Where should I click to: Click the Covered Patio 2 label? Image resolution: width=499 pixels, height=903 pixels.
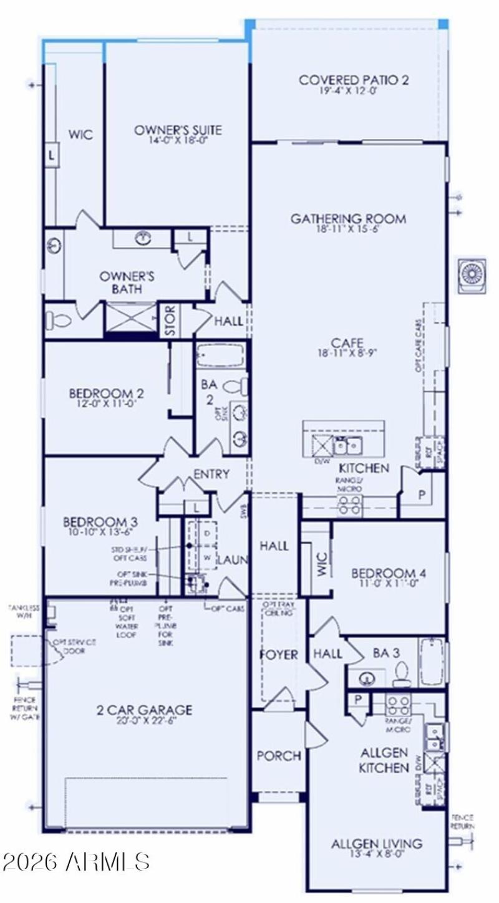[354, 80]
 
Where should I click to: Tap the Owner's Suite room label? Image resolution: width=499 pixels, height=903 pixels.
[178, 130]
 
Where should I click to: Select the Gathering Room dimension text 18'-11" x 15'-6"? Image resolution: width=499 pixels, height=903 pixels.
[348, 229]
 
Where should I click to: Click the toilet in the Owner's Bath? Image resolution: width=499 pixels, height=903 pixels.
[58, 321]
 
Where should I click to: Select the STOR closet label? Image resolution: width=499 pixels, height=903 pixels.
[170, 321]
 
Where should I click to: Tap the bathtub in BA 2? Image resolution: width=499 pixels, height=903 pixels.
[221, 355]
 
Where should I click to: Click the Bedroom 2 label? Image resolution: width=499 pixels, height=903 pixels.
[107, 394]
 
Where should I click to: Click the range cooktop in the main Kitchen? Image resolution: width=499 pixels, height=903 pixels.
[349, 506]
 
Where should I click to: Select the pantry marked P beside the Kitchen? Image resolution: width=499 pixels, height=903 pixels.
[422, 495]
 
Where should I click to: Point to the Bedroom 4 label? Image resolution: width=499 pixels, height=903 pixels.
[389, 573]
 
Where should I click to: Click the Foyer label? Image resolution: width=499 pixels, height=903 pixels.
[278, 655]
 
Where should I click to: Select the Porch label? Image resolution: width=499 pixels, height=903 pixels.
[279, 756]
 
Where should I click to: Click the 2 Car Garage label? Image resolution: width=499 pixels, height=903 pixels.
[144, 710]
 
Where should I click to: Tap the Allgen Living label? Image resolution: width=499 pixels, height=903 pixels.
[376, 844]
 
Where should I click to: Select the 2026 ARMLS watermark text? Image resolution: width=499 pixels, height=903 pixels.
[75, 861]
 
